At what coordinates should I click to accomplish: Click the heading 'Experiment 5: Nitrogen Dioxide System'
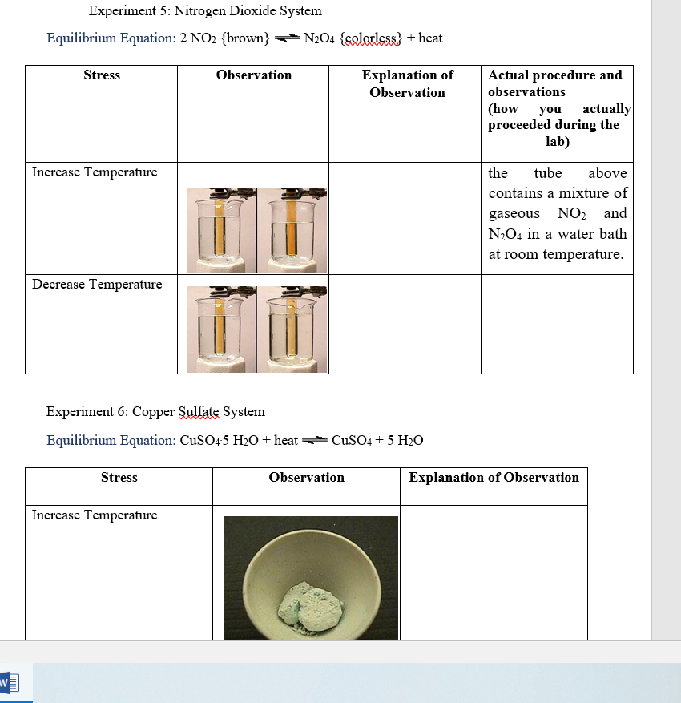[205, 11]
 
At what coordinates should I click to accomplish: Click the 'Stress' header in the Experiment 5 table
[102, 75]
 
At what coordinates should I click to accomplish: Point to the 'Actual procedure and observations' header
[555, 83]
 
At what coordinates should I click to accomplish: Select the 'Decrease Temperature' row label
[97, 285]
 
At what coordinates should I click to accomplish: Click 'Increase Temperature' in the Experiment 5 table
[95, 172]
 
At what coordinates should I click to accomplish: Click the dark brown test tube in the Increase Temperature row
[292, 231]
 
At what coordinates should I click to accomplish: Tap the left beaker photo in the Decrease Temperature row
[221, 329]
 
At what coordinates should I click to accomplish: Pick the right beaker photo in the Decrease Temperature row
[292, 329]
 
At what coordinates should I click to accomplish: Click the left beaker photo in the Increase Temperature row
[221, 231]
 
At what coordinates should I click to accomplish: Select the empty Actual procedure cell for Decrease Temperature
[557, 325]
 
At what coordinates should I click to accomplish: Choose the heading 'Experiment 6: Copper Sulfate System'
[155, 412]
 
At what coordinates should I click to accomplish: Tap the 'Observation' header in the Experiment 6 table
[306, 478]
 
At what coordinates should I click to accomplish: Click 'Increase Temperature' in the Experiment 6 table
[95, 515]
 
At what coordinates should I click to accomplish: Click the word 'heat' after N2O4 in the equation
[430, 38]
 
